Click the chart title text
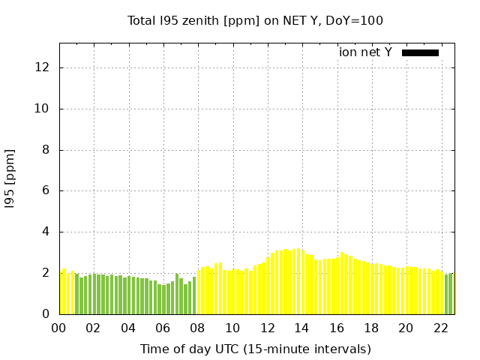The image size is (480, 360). [255, 20]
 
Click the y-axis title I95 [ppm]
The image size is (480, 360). [10, 178]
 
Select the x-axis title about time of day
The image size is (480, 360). [255, 349]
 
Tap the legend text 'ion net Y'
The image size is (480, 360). [365, 52]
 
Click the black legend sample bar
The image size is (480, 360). [420, 52]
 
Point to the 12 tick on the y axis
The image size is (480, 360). [43, 67]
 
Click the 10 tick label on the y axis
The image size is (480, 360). [43, 109]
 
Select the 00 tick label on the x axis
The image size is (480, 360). [58, 328]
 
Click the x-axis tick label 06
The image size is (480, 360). [163, 328]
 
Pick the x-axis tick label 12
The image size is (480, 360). [267, 328]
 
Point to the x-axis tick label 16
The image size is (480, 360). [337, 328]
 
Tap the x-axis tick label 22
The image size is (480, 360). [441, 328]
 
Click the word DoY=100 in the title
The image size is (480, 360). [355, 20]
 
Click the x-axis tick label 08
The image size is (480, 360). [197, 328]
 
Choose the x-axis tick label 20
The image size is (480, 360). [406, 328]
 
